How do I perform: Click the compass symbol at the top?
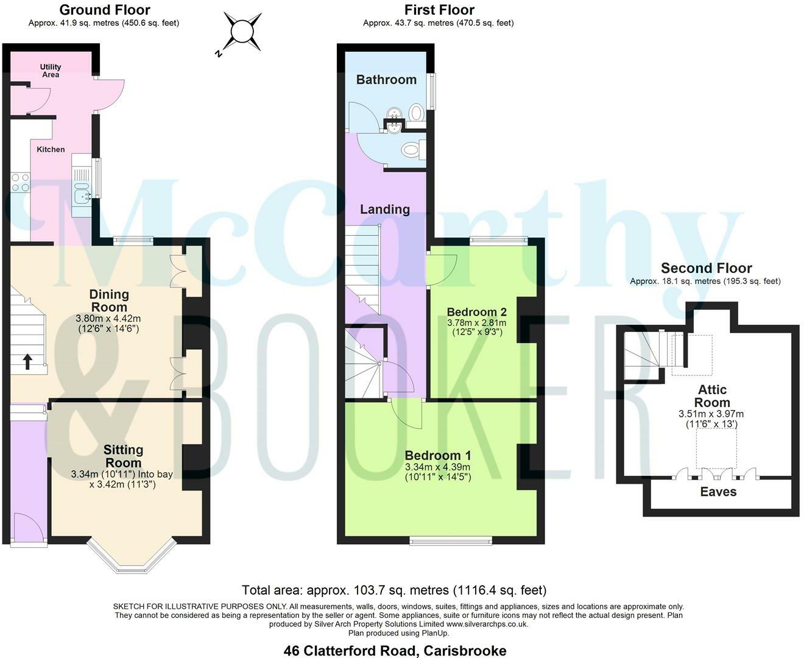(x=242, y=31)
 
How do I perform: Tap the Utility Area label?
(x=51, y=71)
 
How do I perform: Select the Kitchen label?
(x=51, y=149)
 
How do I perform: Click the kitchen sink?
(x=81, y=196)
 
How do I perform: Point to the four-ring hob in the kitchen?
(x=20, y=182)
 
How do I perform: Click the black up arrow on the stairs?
(x=27, y=362)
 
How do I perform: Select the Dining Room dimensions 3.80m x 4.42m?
(x=108, y=318)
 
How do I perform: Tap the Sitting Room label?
(x=123, y=456)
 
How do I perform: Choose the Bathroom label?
(x=386, y=80)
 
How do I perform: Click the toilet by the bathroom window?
(x=417, y=113)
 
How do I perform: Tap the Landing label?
(x=384, y=210)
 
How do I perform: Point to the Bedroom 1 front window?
(x=451, y=540)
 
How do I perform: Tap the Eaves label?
(x=718, y=492)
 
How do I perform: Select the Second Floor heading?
(x=706, y=268)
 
